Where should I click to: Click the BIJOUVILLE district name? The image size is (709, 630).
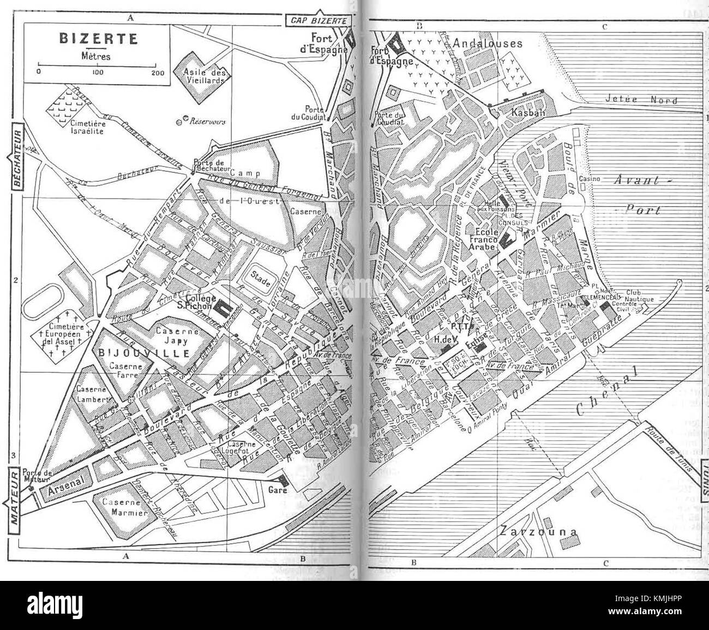click(144, 353)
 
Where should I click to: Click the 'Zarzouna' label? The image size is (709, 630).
click(537, 532)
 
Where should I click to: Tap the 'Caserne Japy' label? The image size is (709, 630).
click(172, 335)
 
